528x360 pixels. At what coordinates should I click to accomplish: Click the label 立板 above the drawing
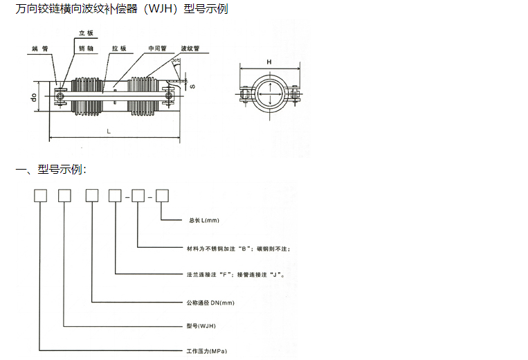(x=86, y=33)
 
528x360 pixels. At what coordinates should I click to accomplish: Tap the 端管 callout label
(x=39, y=49)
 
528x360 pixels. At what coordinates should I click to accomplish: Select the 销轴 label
(x=86, y=48)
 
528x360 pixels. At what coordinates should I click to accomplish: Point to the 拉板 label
(x=119, y=48)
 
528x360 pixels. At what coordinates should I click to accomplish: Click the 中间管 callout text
(x=158, y=48)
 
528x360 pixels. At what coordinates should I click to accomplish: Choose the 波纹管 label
(x=190, y=48)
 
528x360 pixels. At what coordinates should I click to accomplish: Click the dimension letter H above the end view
(x=269, y=62)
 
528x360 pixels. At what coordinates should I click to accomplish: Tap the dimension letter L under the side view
(x=109, y=132)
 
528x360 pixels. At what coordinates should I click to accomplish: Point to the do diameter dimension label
(x=33, y=98)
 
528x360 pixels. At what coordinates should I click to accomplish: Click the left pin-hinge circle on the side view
(x=60, y=97)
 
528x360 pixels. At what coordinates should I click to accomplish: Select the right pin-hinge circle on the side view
(x=169, y=96)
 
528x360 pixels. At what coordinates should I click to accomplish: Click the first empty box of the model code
(x=40, y=196)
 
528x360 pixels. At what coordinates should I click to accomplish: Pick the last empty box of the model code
(x=163, y=196)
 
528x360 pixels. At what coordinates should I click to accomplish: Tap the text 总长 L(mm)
(x=204, y=220)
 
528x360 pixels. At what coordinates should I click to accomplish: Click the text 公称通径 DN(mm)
(x=210, y=303)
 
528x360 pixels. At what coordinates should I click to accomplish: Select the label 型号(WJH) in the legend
(x=201, y=325)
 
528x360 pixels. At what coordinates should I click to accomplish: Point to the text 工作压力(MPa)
(x=207, y=351)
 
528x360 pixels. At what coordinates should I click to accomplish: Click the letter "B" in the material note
(x=244, y=249)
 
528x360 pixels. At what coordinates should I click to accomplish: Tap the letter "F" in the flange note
(x=225, y=275)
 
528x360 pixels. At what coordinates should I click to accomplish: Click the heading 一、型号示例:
(x=51, y=169)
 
